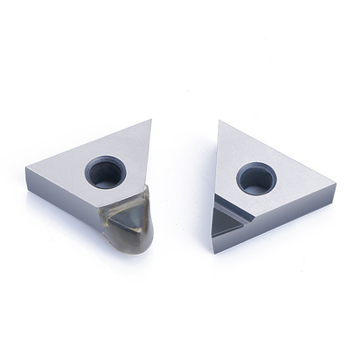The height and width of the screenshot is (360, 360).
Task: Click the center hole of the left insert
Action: click(x=103, y=173)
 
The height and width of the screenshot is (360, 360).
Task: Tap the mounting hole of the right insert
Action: click(x=256, y=177)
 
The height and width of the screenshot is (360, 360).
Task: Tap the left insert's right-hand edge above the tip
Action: click(x=147, y=153)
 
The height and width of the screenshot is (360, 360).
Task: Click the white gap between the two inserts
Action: click(x=180, y=180)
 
